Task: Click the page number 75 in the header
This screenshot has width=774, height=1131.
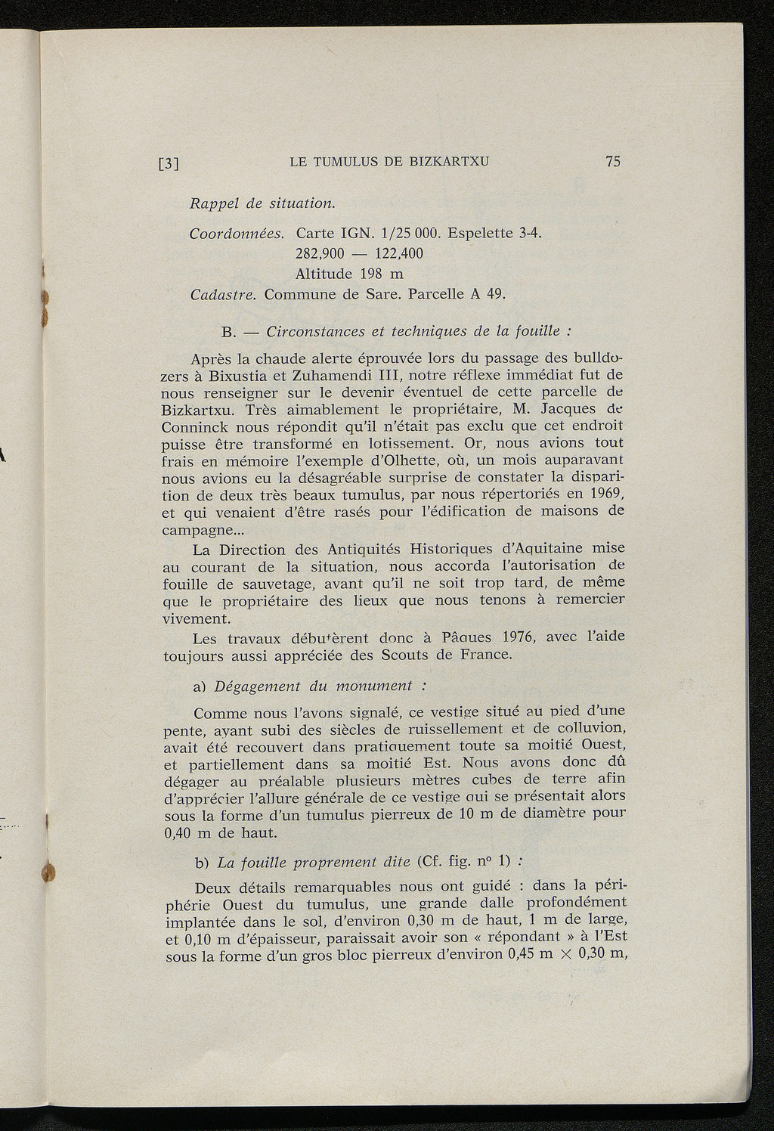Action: pos(612,161)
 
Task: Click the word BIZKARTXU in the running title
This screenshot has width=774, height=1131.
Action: pos(449,162)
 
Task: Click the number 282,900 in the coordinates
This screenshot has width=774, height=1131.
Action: pos(324,253)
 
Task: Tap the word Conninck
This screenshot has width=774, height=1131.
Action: pos(199,427)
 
